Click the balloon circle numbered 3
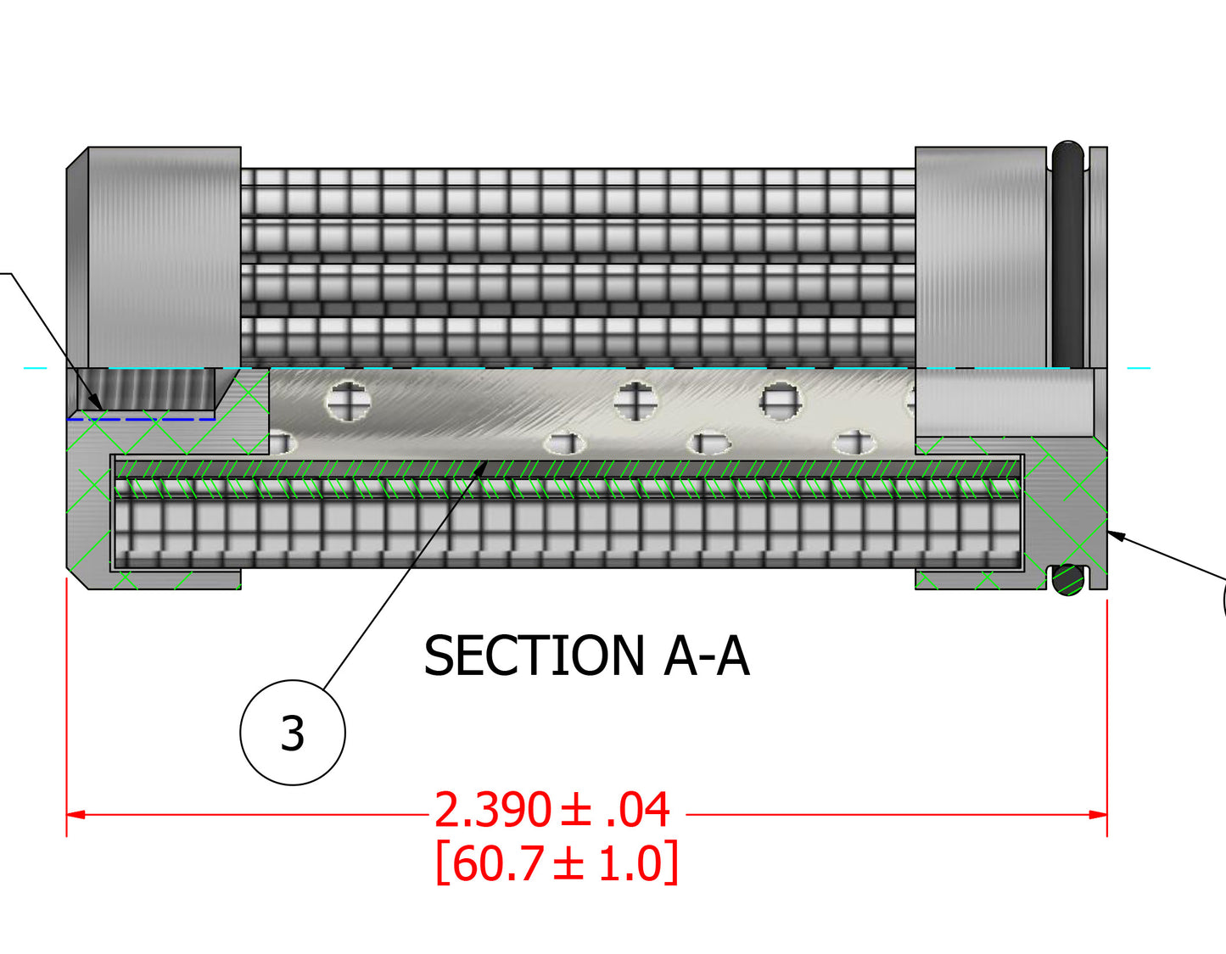coord(293,733)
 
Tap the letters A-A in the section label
coord(707,656)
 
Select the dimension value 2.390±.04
coord(552,811)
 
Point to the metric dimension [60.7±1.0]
coord(557,864)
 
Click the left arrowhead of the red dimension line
coord(76,815)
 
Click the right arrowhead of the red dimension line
coord(1098,815)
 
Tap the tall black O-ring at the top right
coord(1067,254)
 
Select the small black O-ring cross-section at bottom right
coord(1068,580)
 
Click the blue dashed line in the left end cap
coord(141,419)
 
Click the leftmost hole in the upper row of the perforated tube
coord(348,400)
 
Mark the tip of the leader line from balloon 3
coord(484,463)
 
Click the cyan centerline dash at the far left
coord(36,368)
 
